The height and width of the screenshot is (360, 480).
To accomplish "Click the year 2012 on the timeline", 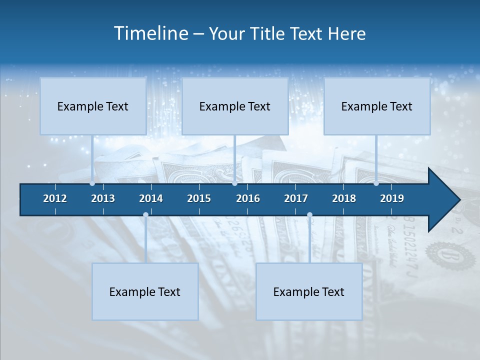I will point(55,198).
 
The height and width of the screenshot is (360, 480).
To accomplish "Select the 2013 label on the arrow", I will point(103,198).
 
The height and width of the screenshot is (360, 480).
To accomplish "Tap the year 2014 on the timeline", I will point(151,198).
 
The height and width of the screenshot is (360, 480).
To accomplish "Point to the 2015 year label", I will point(199,198).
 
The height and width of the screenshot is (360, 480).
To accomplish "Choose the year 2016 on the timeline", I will point(248,198).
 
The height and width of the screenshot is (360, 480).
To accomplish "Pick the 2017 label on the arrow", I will point(296,198).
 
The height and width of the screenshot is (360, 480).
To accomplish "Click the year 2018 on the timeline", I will point(344,198).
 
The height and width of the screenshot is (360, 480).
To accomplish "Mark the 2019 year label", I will point(392,198).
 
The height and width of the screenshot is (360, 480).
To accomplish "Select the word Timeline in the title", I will point(150,33).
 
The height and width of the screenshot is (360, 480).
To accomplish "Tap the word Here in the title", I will point(346,33).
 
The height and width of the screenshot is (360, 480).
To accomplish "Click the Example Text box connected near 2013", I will point(93,106).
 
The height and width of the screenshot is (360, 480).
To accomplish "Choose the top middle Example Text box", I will point(235,106).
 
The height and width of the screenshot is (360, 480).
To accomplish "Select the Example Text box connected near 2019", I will point(377,106).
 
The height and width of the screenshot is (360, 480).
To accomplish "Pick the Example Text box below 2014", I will point(145,291).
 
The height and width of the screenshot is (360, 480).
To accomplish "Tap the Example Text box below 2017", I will point(309,291).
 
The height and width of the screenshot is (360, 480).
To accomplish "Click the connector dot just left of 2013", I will point(92,183).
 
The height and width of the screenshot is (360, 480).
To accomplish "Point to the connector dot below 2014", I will point(145,215).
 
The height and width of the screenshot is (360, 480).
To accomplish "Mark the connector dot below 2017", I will point(309,215).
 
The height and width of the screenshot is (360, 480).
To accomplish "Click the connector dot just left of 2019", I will point(376,183).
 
